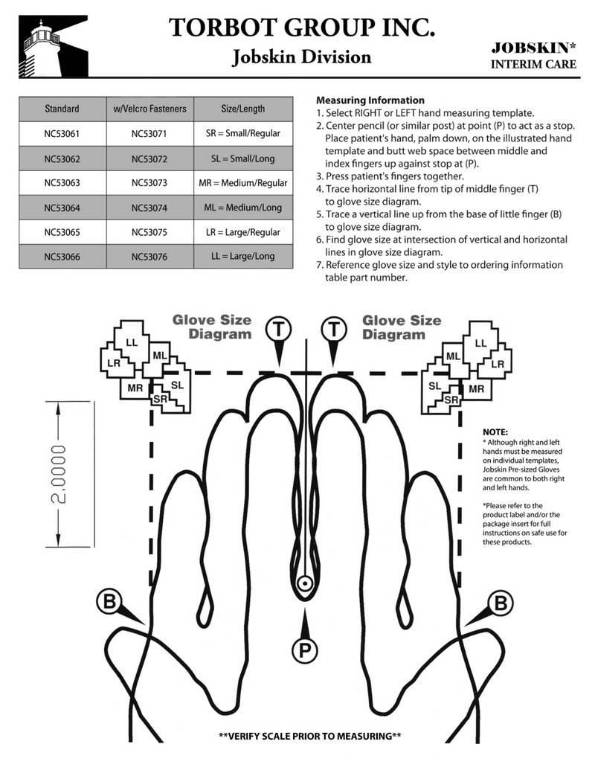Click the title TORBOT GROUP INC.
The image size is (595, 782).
(x=301, y=28)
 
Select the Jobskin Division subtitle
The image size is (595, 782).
(x=301, y=57)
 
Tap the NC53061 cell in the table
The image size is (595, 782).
(x=62, y=133)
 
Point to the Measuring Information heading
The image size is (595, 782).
(x=370, y=100)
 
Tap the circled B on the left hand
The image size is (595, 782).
(x=109, y=602)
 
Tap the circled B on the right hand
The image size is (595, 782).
(x=501, y=602)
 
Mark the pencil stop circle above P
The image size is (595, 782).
(x=305, y=584)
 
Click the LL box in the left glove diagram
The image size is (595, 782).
(x=132, y=342)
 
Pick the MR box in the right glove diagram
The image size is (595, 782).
(x=476, y=388)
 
